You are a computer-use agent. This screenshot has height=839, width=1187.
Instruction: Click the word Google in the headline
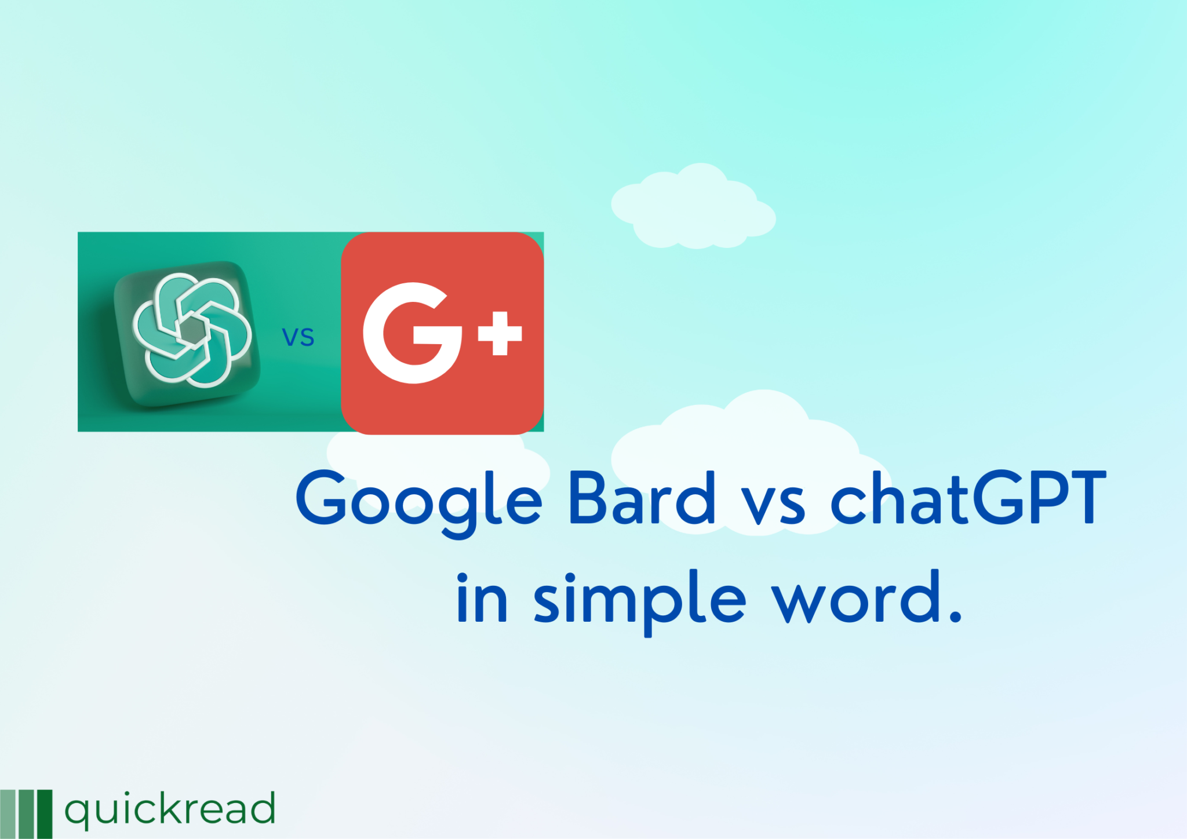(x=418, y=499)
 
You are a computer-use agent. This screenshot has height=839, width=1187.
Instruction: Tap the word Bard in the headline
(x=642, y=498)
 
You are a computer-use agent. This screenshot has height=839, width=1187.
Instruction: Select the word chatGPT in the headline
(x=968, y=498)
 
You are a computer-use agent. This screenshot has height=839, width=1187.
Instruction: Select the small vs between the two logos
(x=298, y=337)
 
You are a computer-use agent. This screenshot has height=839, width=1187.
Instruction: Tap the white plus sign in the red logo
(x=500, y=333)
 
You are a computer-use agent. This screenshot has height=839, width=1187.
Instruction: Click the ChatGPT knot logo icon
(x=192, y=330)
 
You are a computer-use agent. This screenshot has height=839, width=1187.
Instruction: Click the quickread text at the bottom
(x=169, y=809)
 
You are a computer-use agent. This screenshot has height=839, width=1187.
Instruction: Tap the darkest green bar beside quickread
(x=45, y=814)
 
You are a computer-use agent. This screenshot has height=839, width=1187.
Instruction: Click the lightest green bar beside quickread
(x=8, y=814)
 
